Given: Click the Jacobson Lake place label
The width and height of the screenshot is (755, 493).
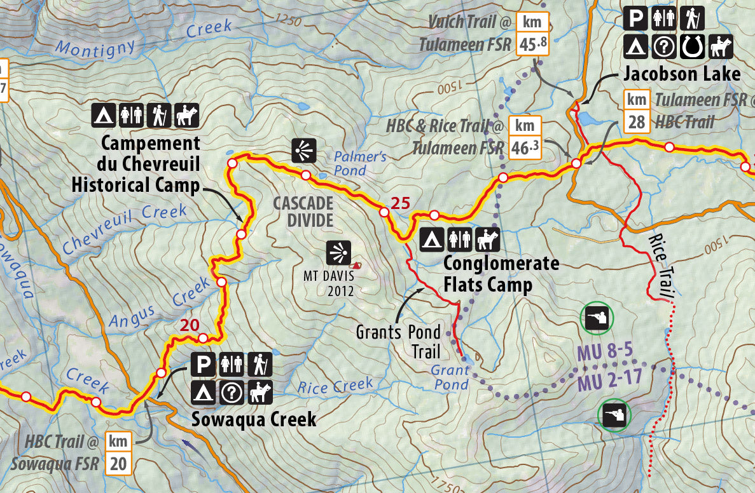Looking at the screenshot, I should point(682,74).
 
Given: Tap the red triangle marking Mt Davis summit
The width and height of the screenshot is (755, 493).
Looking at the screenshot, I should point(357,264).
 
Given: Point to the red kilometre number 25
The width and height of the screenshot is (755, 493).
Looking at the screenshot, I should point(400,204).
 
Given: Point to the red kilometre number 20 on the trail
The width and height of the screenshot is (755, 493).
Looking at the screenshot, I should point(190,325).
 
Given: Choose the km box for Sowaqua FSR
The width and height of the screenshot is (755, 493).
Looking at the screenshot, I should point(118,453).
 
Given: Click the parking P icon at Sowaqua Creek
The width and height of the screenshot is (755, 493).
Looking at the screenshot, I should point(203,365).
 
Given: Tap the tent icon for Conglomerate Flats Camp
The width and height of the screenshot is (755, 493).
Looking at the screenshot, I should point(431,240).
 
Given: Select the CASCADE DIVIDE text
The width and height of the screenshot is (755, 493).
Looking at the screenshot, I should point(303,212).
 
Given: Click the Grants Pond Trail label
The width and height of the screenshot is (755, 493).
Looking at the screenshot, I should point(398,341).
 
